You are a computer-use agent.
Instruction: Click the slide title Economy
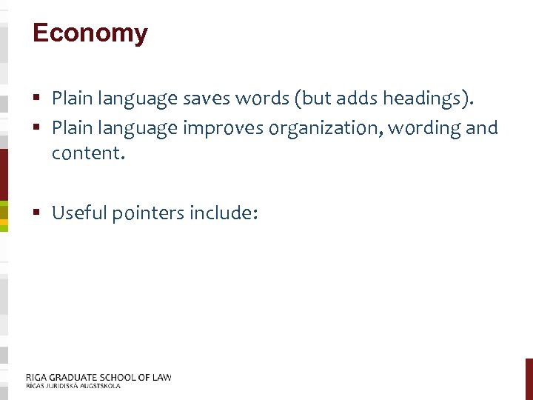[x=90, y=33]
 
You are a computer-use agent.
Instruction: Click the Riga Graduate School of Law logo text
[x=98, y=377]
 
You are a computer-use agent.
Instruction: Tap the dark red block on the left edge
[x=4, y=174]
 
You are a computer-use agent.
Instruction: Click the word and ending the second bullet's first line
[x=483, y=128]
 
